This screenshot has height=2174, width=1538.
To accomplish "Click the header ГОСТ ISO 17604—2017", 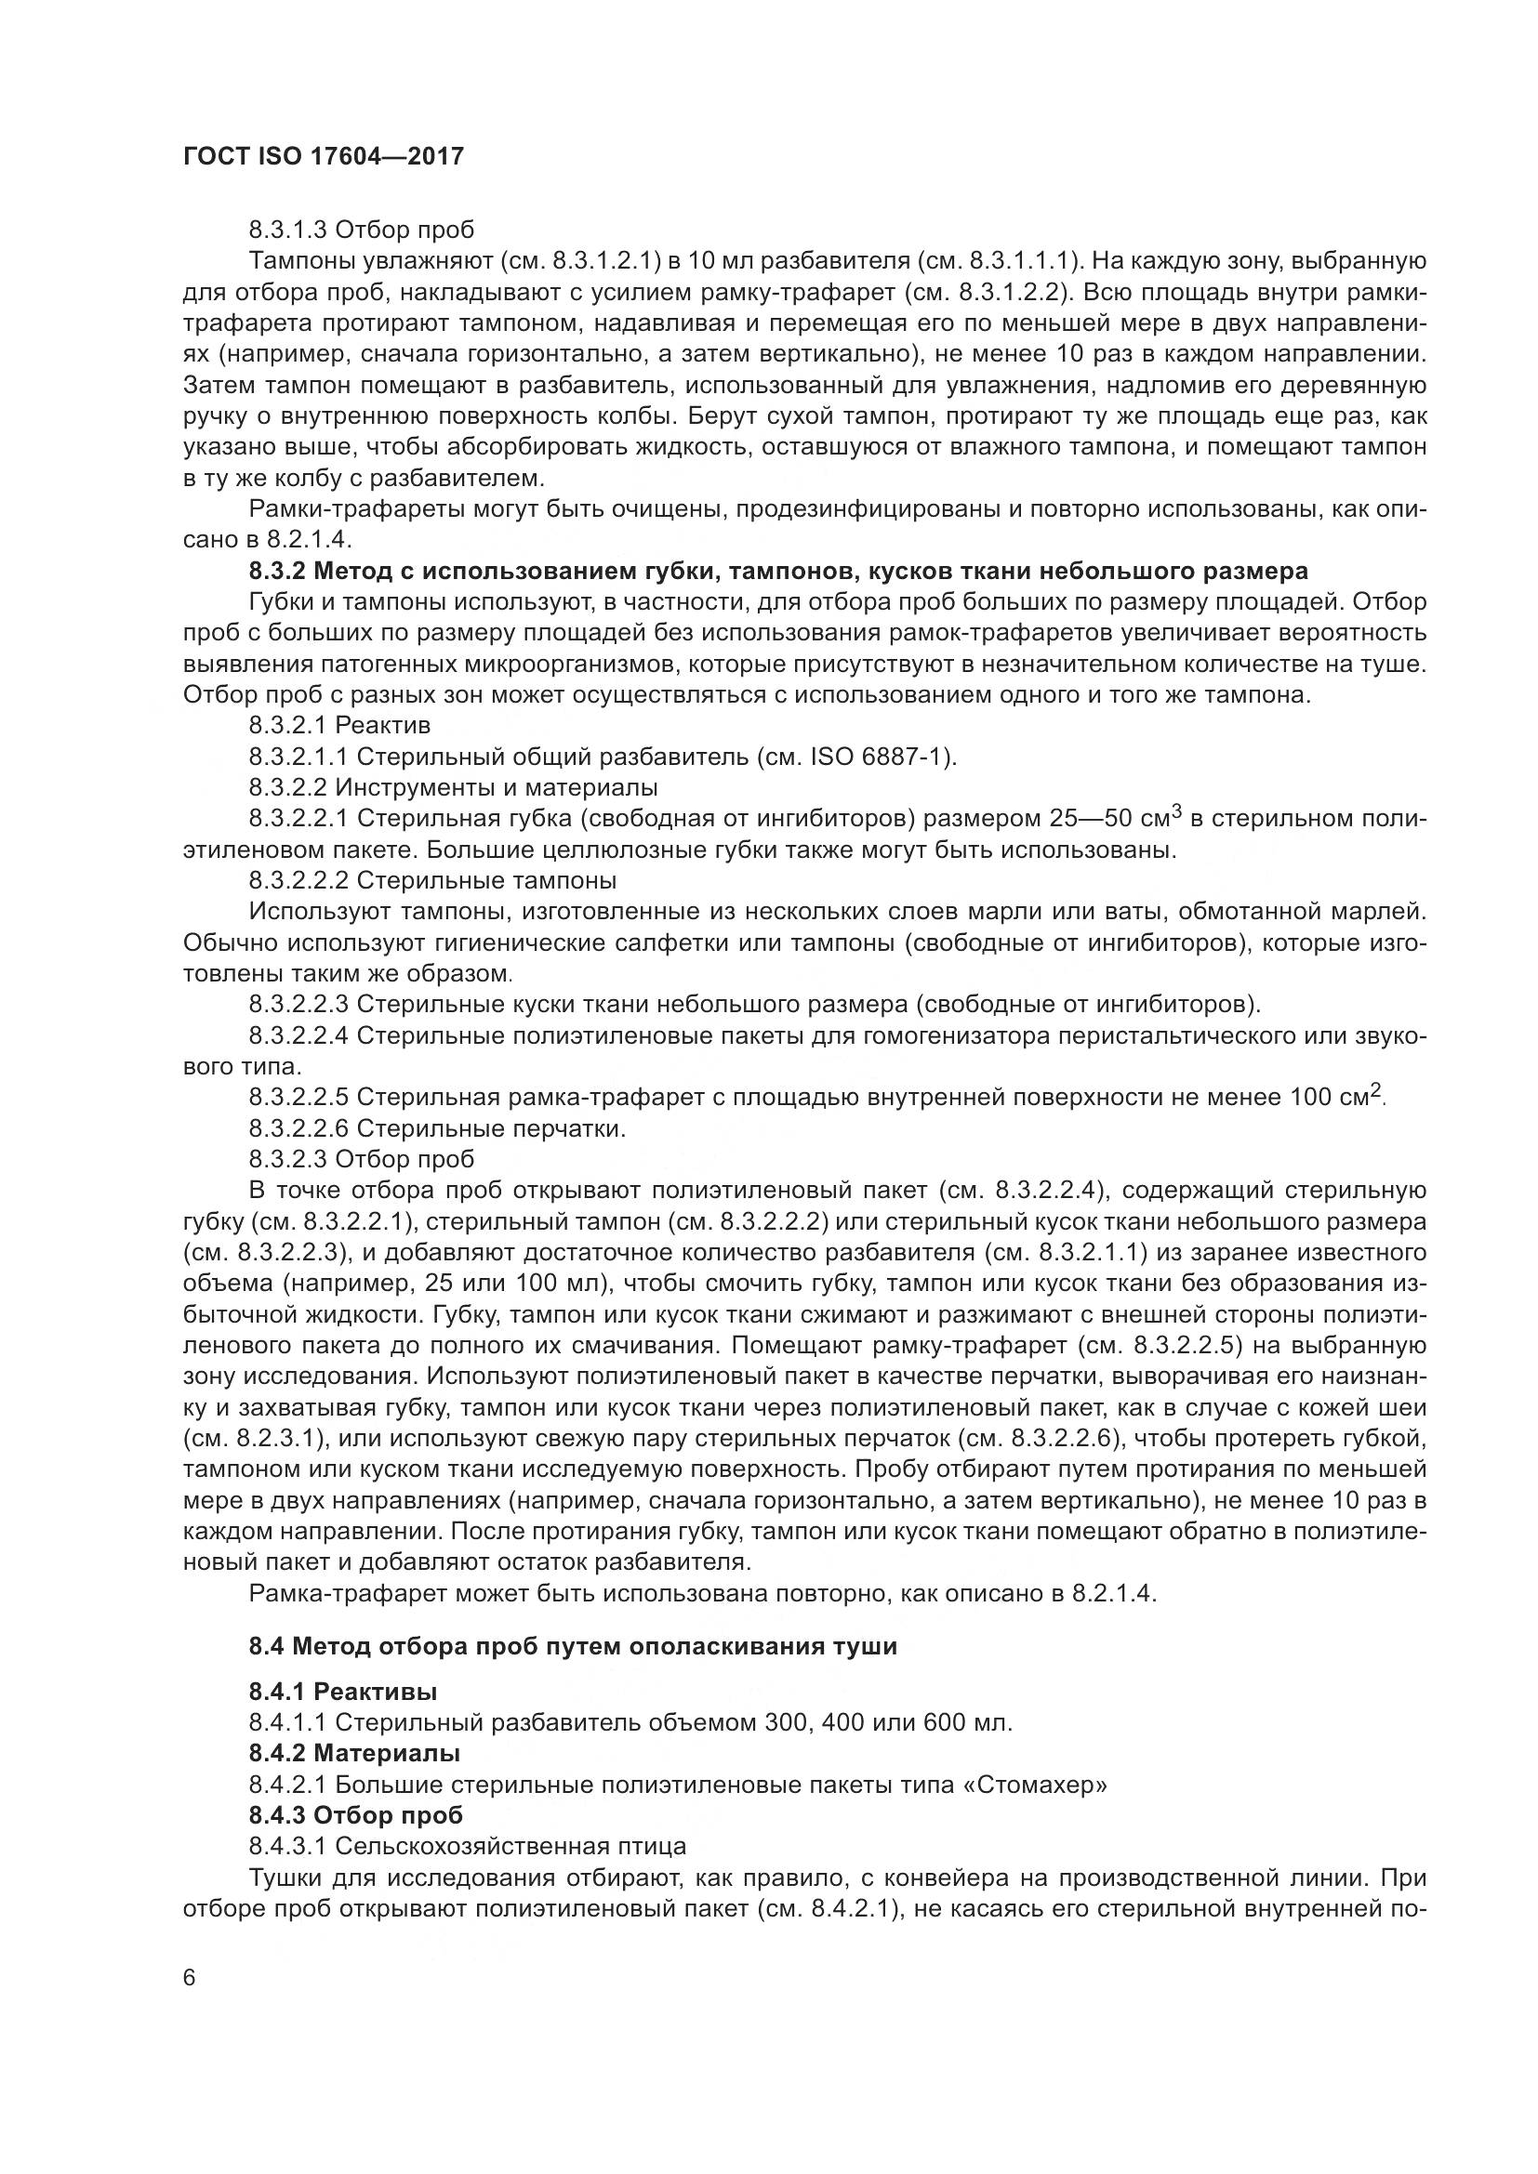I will point(323,157).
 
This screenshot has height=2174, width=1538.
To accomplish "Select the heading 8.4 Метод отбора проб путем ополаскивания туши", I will point(573,1647).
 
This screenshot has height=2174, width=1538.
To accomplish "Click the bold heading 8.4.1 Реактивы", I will point(342,1691).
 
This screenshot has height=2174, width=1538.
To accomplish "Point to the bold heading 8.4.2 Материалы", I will point(354,1754).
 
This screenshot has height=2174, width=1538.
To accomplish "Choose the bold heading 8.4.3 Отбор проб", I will point(356,1815).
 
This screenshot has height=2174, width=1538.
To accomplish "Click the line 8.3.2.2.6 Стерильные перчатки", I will point(437,1128).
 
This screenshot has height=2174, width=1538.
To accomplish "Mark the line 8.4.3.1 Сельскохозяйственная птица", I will point(467,1847).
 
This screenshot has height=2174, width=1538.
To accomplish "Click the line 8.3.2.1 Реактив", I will point(340,726).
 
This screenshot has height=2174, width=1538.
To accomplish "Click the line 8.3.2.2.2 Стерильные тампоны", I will point(431,880).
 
